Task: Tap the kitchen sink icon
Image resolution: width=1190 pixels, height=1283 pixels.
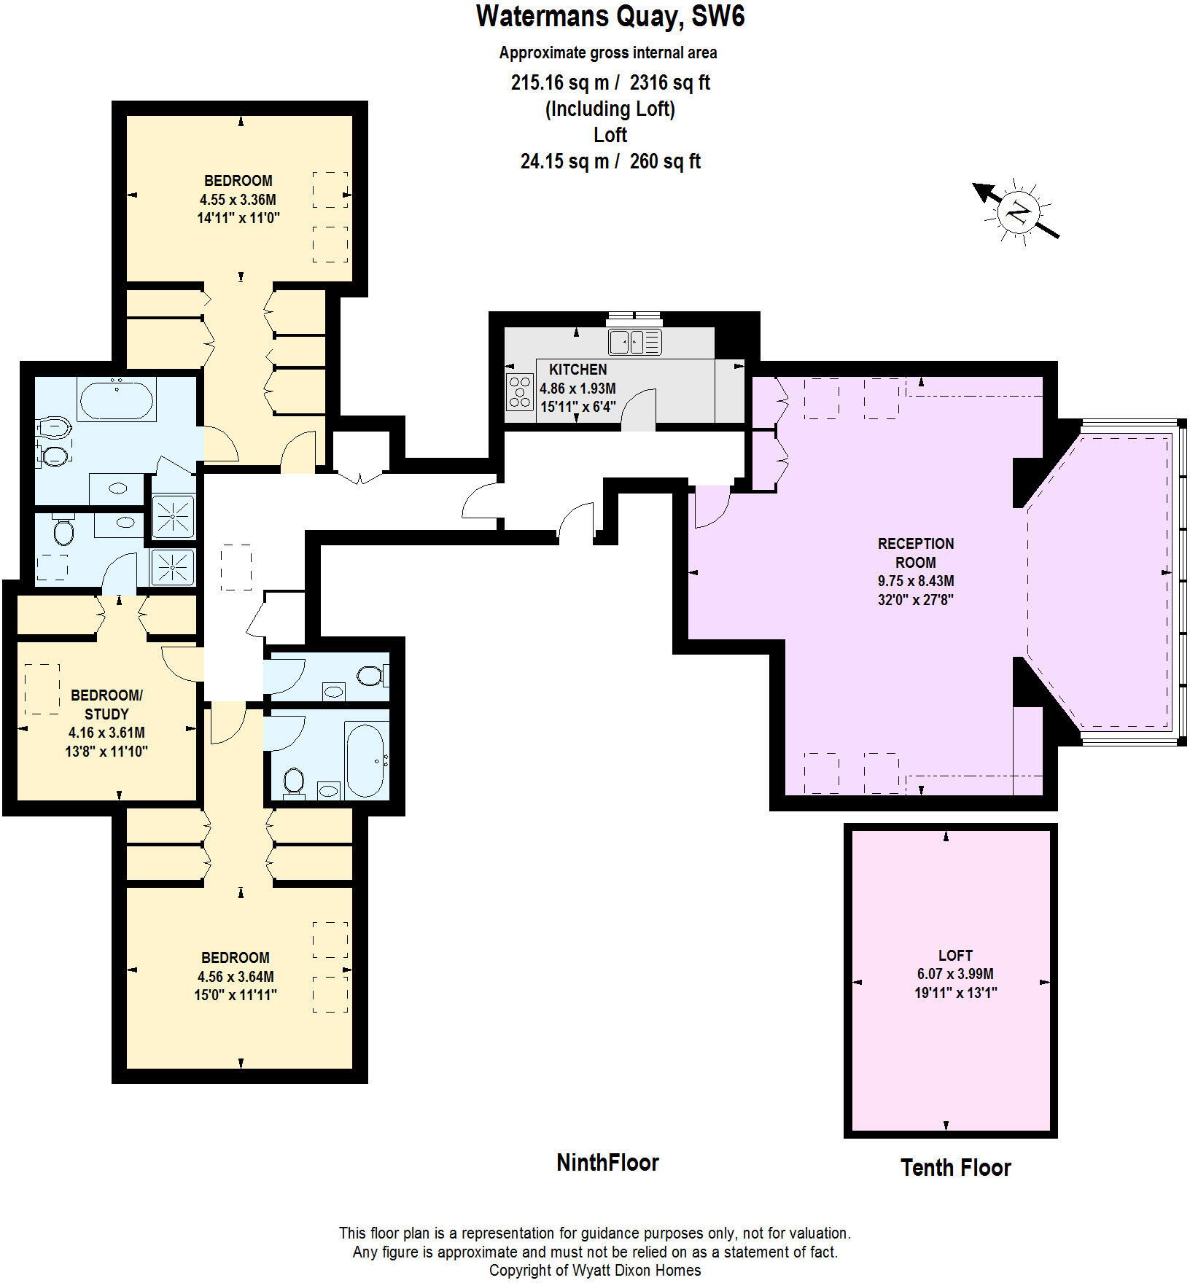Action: (634, 341)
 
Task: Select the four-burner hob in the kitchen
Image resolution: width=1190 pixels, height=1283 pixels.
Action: (520, 391)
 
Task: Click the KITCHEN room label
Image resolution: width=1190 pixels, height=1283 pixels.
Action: (577, 370)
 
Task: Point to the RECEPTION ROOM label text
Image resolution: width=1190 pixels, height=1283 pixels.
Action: (915, 553)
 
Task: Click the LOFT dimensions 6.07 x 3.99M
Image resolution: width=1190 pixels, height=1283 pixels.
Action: (954, 974)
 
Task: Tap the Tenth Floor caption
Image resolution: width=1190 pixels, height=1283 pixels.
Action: (955, 1168)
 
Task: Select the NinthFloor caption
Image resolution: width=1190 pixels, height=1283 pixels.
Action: (607, 1163)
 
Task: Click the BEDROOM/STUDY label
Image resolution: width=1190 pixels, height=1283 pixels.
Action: (106, 704)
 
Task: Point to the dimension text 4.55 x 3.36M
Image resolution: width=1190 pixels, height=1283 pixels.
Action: (238, 200)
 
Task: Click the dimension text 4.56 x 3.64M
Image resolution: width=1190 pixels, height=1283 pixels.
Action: (236, 977)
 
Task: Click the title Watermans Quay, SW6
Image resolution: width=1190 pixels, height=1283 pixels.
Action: (610, 16)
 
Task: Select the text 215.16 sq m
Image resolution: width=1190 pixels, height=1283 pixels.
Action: (559, 82)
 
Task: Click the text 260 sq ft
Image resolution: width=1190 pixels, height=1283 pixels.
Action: (665, 161)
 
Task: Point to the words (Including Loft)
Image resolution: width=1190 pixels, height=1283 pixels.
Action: (610, 109)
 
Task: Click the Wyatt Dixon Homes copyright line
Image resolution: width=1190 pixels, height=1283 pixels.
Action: (595, 1271)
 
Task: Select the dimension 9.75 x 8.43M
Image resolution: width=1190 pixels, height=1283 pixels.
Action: (915, 581)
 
